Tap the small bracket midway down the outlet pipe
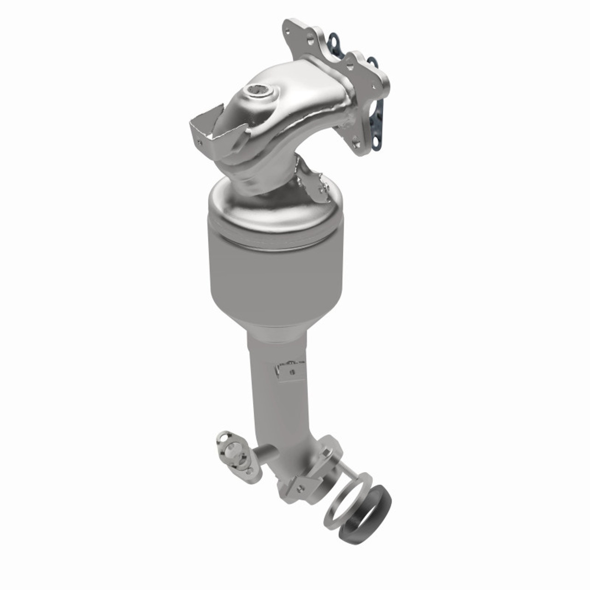pos(289,370)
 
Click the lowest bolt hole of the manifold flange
pos(356,144)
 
